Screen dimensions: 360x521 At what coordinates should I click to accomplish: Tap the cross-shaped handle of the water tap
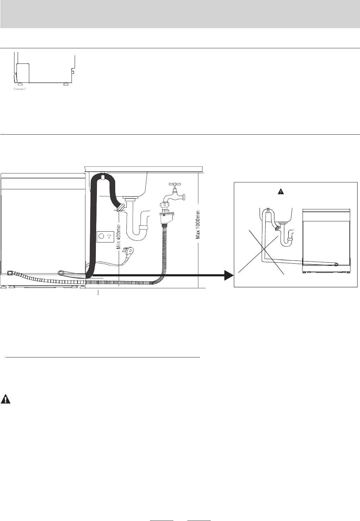pyautogui.click(x=175, y=184)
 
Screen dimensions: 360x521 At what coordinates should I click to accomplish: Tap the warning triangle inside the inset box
pyautogui.click(x=281, y=192)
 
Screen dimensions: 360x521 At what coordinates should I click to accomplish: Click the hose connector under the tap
pyautogui.click(x=165, y=214)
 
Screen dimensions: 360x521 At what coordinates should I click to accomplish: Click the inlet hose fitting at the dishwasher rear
pyautogui.click(x=9, y=272)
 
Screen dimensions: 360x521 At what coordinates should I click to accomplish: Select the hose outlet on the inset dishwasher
pyautogui.click(x=336, y=264)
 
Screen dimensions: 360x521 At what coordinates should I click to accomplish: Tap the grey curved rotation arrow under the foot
pyautogui.click(x=20, y=90)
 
